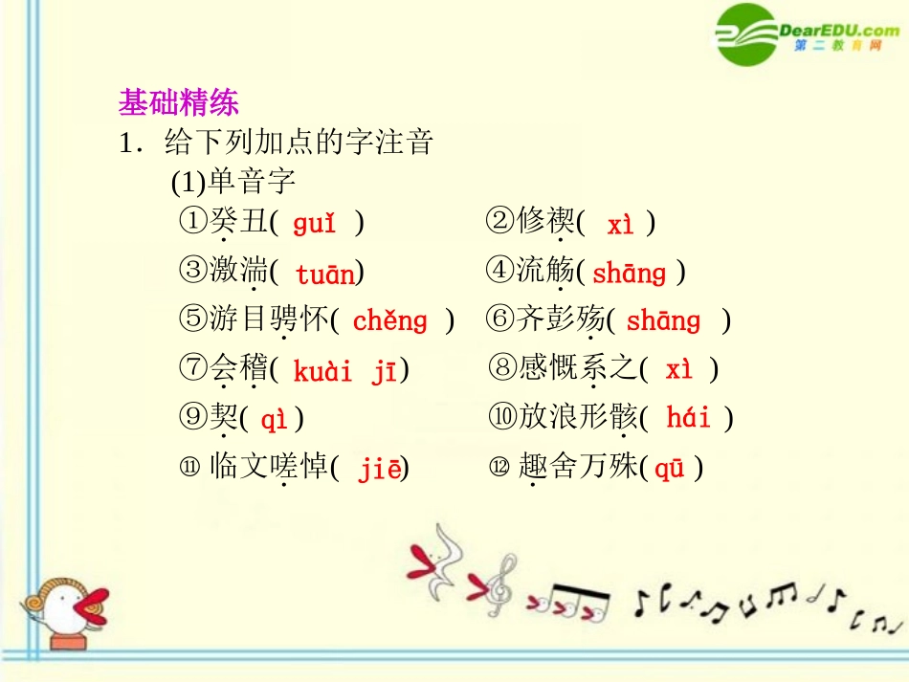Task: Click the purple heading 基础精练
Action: point(178,102)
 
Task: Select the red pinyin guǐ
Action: point(315,224)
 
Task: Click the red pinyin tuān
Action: point(325,275)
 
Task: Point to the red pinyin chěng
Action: point(390,321)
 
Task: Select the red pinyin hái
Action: point(688,418)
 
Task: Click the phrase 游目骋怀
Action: point(269,319)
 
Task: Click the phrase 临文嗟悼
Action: point(269,468)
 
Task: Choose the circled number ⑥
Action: point(500,319)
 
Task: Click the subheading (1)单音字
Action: point(233,182)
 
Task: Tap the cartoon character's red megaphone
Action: point(93,605)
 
